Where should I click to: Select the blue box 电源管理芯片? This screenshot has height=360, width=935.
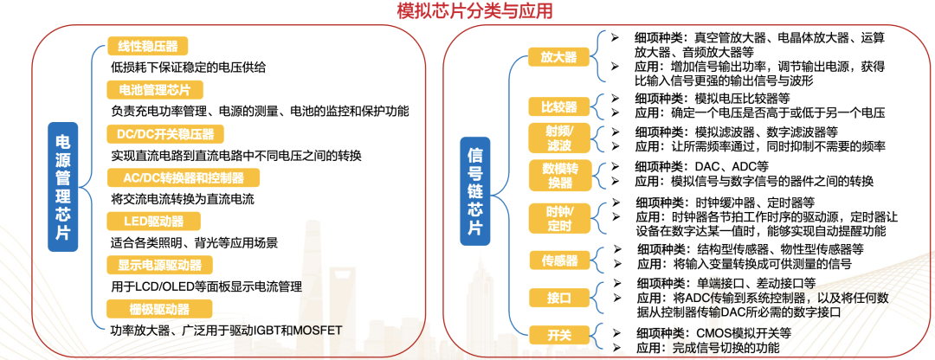pos(62,187)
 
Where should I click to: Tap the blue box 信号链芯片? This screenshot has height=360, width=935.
pos(474,190)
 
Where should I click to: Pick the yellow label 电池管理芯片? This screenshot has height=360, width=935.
pos(155,90)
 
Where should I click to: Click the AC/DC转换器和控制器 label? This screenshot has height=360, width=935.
pos(184,177)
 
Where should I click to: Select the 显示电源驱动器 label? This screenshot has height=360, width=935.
pos(160,265)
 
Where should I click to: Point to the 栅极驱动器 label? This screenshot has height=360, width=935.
pos(160,309)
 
